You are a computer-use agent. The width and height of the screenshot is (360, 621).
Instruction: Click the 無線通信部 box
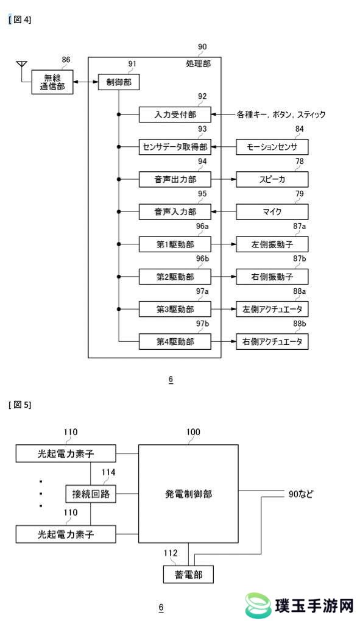(52, 82)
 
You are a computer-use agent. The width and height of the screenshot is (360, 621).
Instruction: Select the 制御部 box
(119, 82)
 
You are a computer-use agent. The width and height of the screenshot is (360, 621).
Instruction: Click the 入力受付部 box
(175, 115)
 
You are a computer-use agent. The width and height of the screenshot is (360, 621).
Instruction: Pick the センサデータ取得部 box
(175, 147)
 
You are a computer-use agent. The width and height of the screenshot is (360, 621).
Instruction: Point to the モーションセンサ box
(272, 147)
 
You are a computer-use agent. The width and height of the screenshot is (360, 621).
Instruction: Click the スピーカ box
(272, 179)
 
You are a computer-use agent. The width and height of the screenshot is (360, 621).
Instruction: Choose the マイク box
(272, 212)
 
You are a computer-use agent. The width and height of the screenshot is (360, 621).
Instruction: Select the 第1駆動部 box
(175, 244)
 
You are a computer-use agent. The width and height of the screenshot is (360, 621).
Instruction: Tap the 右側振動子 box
(272, 277)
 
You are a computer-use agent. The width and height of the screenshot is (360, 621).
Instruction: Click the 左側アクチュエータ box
(272, 310)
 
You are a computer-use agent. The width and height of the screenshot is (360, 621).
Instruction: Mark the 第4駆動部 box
(175, 342)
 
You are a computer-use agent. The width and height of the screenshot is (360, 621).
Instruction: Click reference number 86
(66, 60)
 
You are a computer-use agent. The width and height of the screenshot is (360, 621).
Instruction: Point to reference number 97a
(202, 291)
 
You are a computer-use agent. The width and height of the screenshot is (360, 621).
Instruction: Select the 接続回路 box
(91, 494)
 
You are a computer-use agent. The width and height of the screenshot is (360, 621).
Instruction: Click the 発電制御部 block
(188, 494)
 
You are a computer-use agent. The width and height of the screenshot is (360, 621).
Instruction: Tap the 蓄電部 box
(188, 575)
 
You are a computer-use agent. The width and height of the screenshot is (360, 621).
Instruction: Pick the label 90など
(301, 494)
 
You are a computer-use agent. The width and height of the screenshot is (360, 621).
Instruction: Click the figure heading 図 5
(19, 405)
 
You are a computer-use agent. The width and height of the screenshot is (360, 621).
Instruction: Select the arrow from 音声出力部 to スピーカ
(224, 179)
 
